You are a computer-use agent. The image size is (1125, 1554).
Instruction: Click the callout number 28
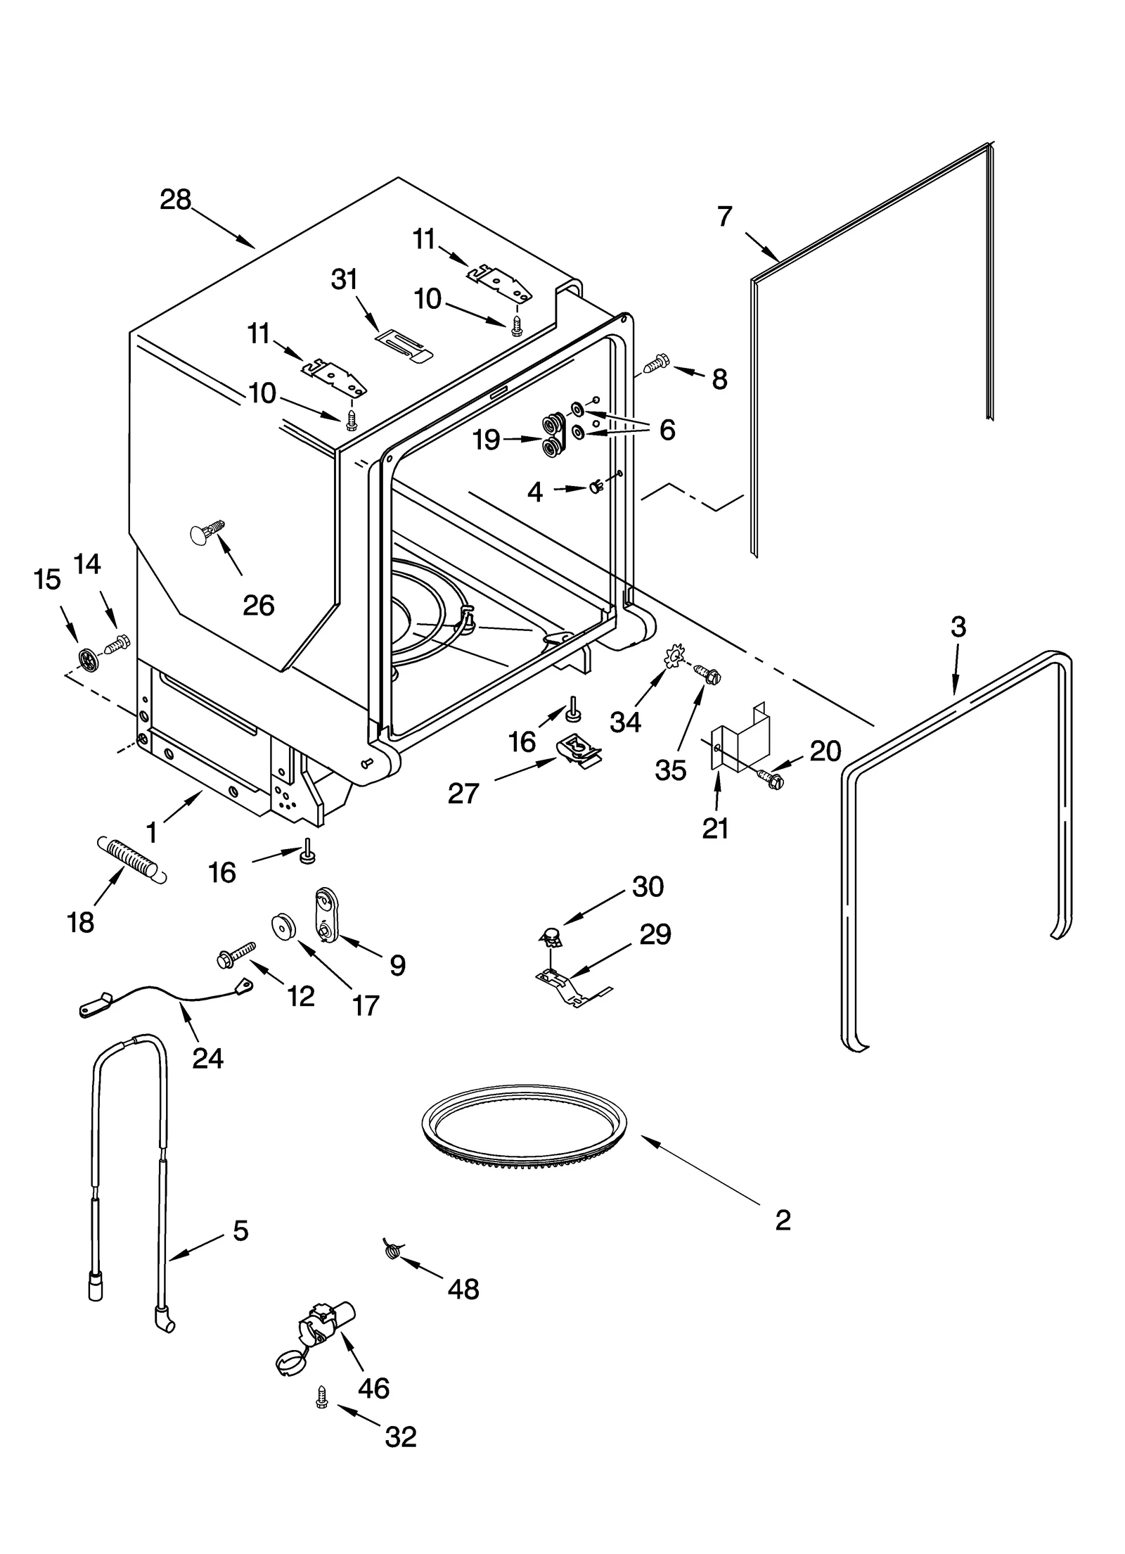click(176, 200)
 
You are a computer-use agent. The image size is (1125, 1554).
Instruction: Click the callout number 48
click(463, 1289)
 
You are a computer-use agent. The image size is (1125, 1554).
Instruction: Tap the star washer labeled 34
click(673, 658)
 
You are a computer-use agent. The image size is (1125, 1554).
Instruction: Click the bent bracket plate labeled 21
click(742, 737)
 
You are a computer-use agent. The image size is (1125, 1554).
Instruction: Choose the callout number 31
click(345, 279)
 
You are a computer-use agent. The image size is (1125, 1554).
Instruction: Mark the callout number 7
click(725, 216)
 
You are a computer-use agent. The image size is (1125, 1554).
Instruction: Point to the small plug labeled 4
click(596, 487)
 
